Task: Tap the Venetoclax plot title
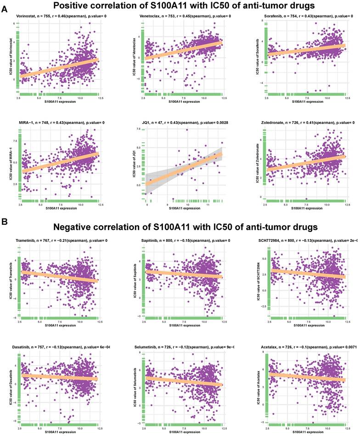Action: click(185, 17)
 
